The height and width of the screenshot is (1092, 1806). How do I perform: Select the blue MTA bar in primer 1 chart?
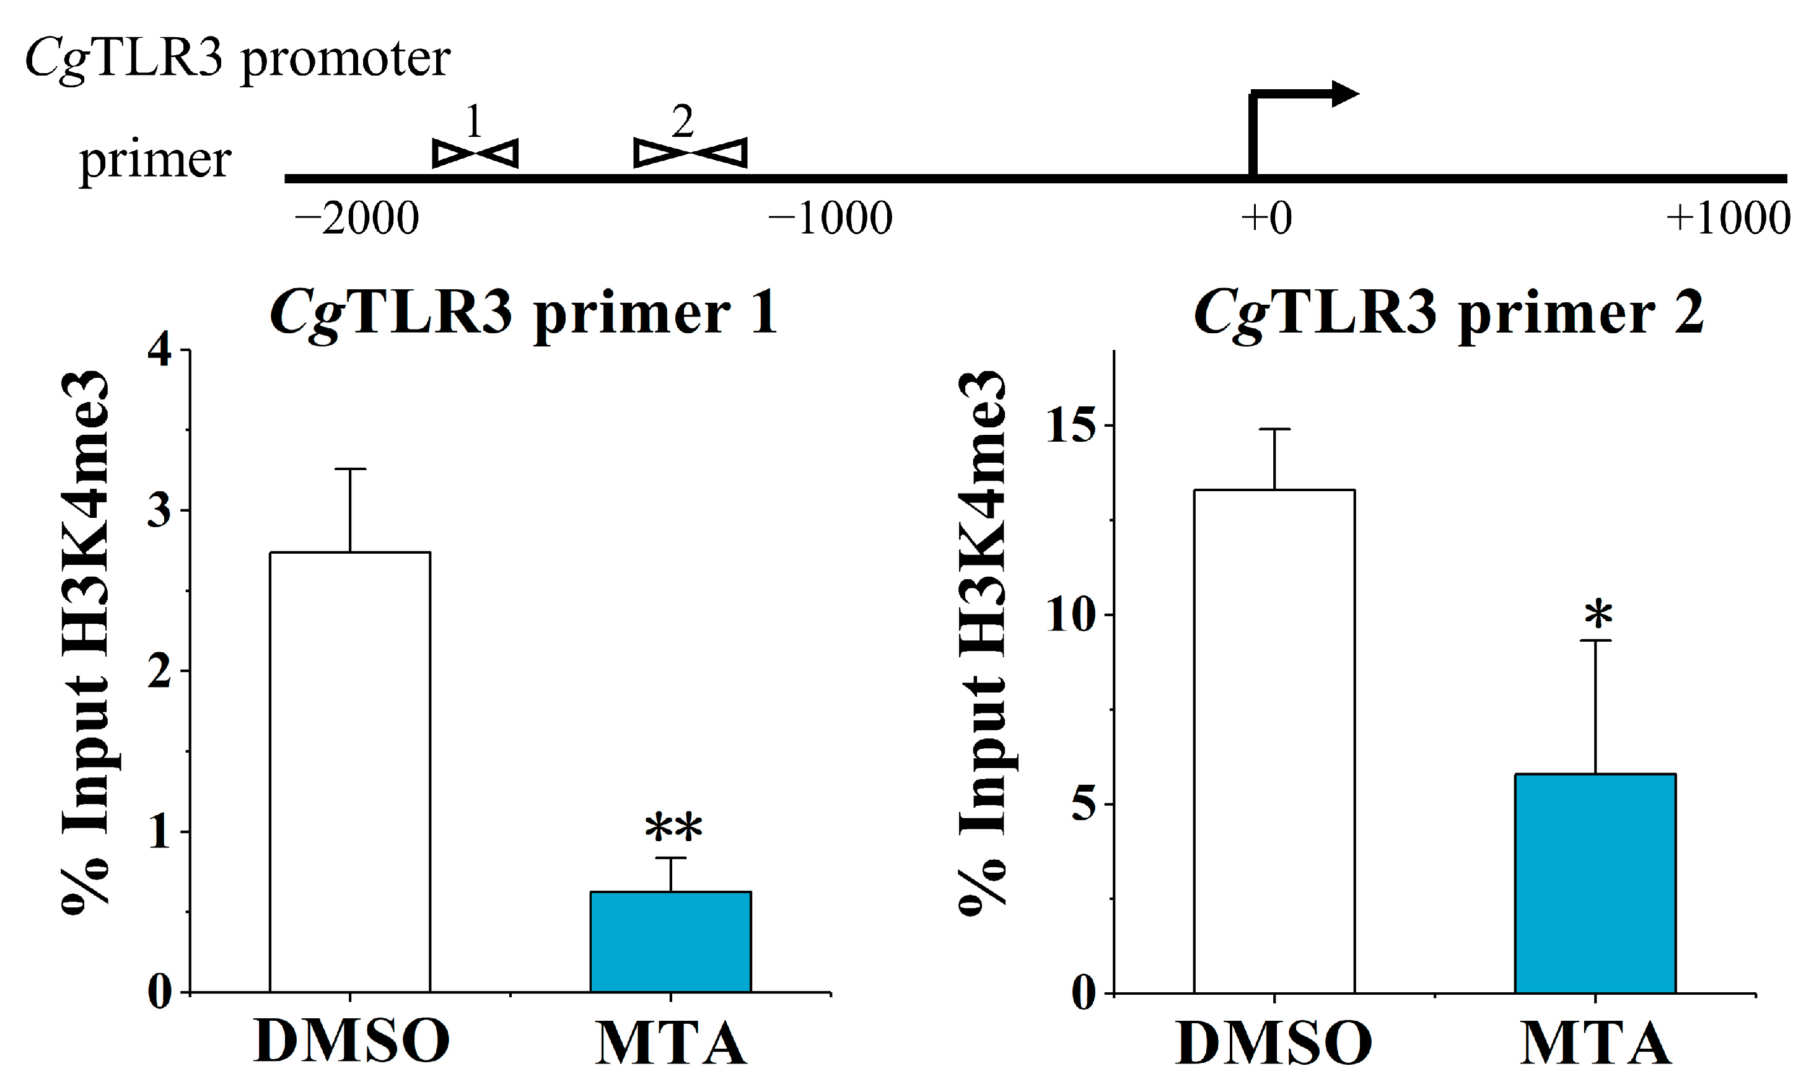click(x=670, y=941)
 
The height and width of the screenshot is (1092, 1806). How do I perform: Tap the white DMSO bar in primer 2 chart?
click(x=1274, y=741)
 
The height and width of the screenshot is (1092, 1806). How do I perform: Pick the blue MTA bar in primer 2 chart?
click(x=1595, y=883)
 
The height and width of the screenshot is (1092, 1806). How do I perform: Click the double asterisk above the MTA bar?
click(x=673, y=829)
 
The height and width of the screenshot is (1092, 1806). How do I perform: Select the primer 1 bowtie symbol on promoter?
click(x=475, y=153)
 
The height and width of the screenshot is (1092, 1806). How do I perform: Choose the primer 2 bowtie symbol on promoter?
click(x=690, y=152)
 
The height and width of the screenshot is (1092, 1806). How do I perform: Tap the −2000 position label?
click(x=357, y=219)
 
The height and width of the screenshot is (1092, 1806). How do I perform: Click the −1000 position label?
click(x=830, y=219)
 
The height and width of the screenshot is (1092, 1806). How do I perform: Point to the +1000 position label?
click(x=1727, y=219)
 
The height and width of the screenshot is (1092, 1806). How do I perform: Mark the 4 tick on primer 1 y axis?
click(x=159, y=351)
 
